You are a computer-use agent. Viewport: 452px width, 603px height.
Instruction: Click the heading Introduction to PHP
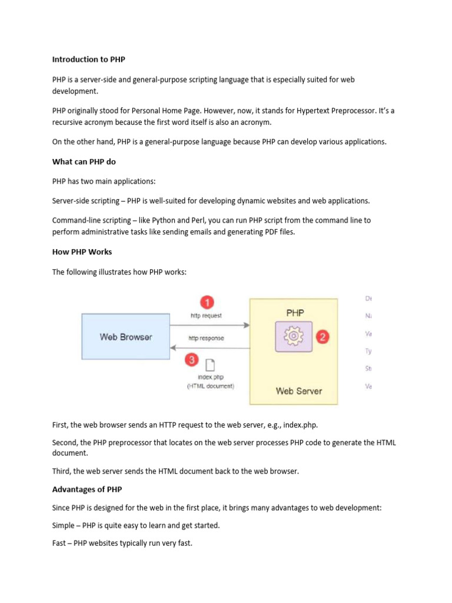[x=88, y=59]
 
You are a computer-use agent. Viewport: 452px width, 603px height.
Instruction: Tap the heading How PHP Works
[x=82, y=251]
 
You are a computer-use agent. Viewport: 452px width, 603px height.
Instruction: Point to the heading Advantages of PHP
[x=87, y=489]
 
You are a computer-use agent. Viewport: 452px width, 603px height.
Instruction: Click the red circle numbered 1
[x=206, y=303]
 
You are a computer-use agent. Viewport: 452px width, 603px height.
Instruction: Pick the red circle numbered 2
[x=323, y=337]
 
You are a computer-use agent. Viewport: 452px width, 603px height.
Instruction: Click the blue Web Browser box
[x=125, y=337]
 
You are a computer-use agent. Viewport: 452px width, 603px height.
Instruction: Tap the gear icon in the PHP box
[x=293, y=336]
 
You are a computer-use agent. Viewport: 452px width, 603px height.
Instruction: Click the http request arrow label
[x=206, y=316]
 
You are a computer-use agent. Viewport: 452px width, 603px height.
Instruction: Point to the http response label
[x=206, y=339]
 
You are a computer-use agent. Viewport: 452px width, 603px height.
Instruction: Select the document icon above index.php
[x=210, y=366]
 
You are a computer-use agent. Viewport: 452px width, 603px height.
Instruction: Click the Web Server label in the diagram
[x=299, y=390]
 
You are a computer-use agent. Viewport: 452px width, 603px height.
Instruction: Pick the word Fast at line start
[x=60, y=543]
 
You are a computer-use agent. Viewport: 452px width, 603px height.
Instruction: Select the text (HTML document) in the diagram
[x=210, y=386]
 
